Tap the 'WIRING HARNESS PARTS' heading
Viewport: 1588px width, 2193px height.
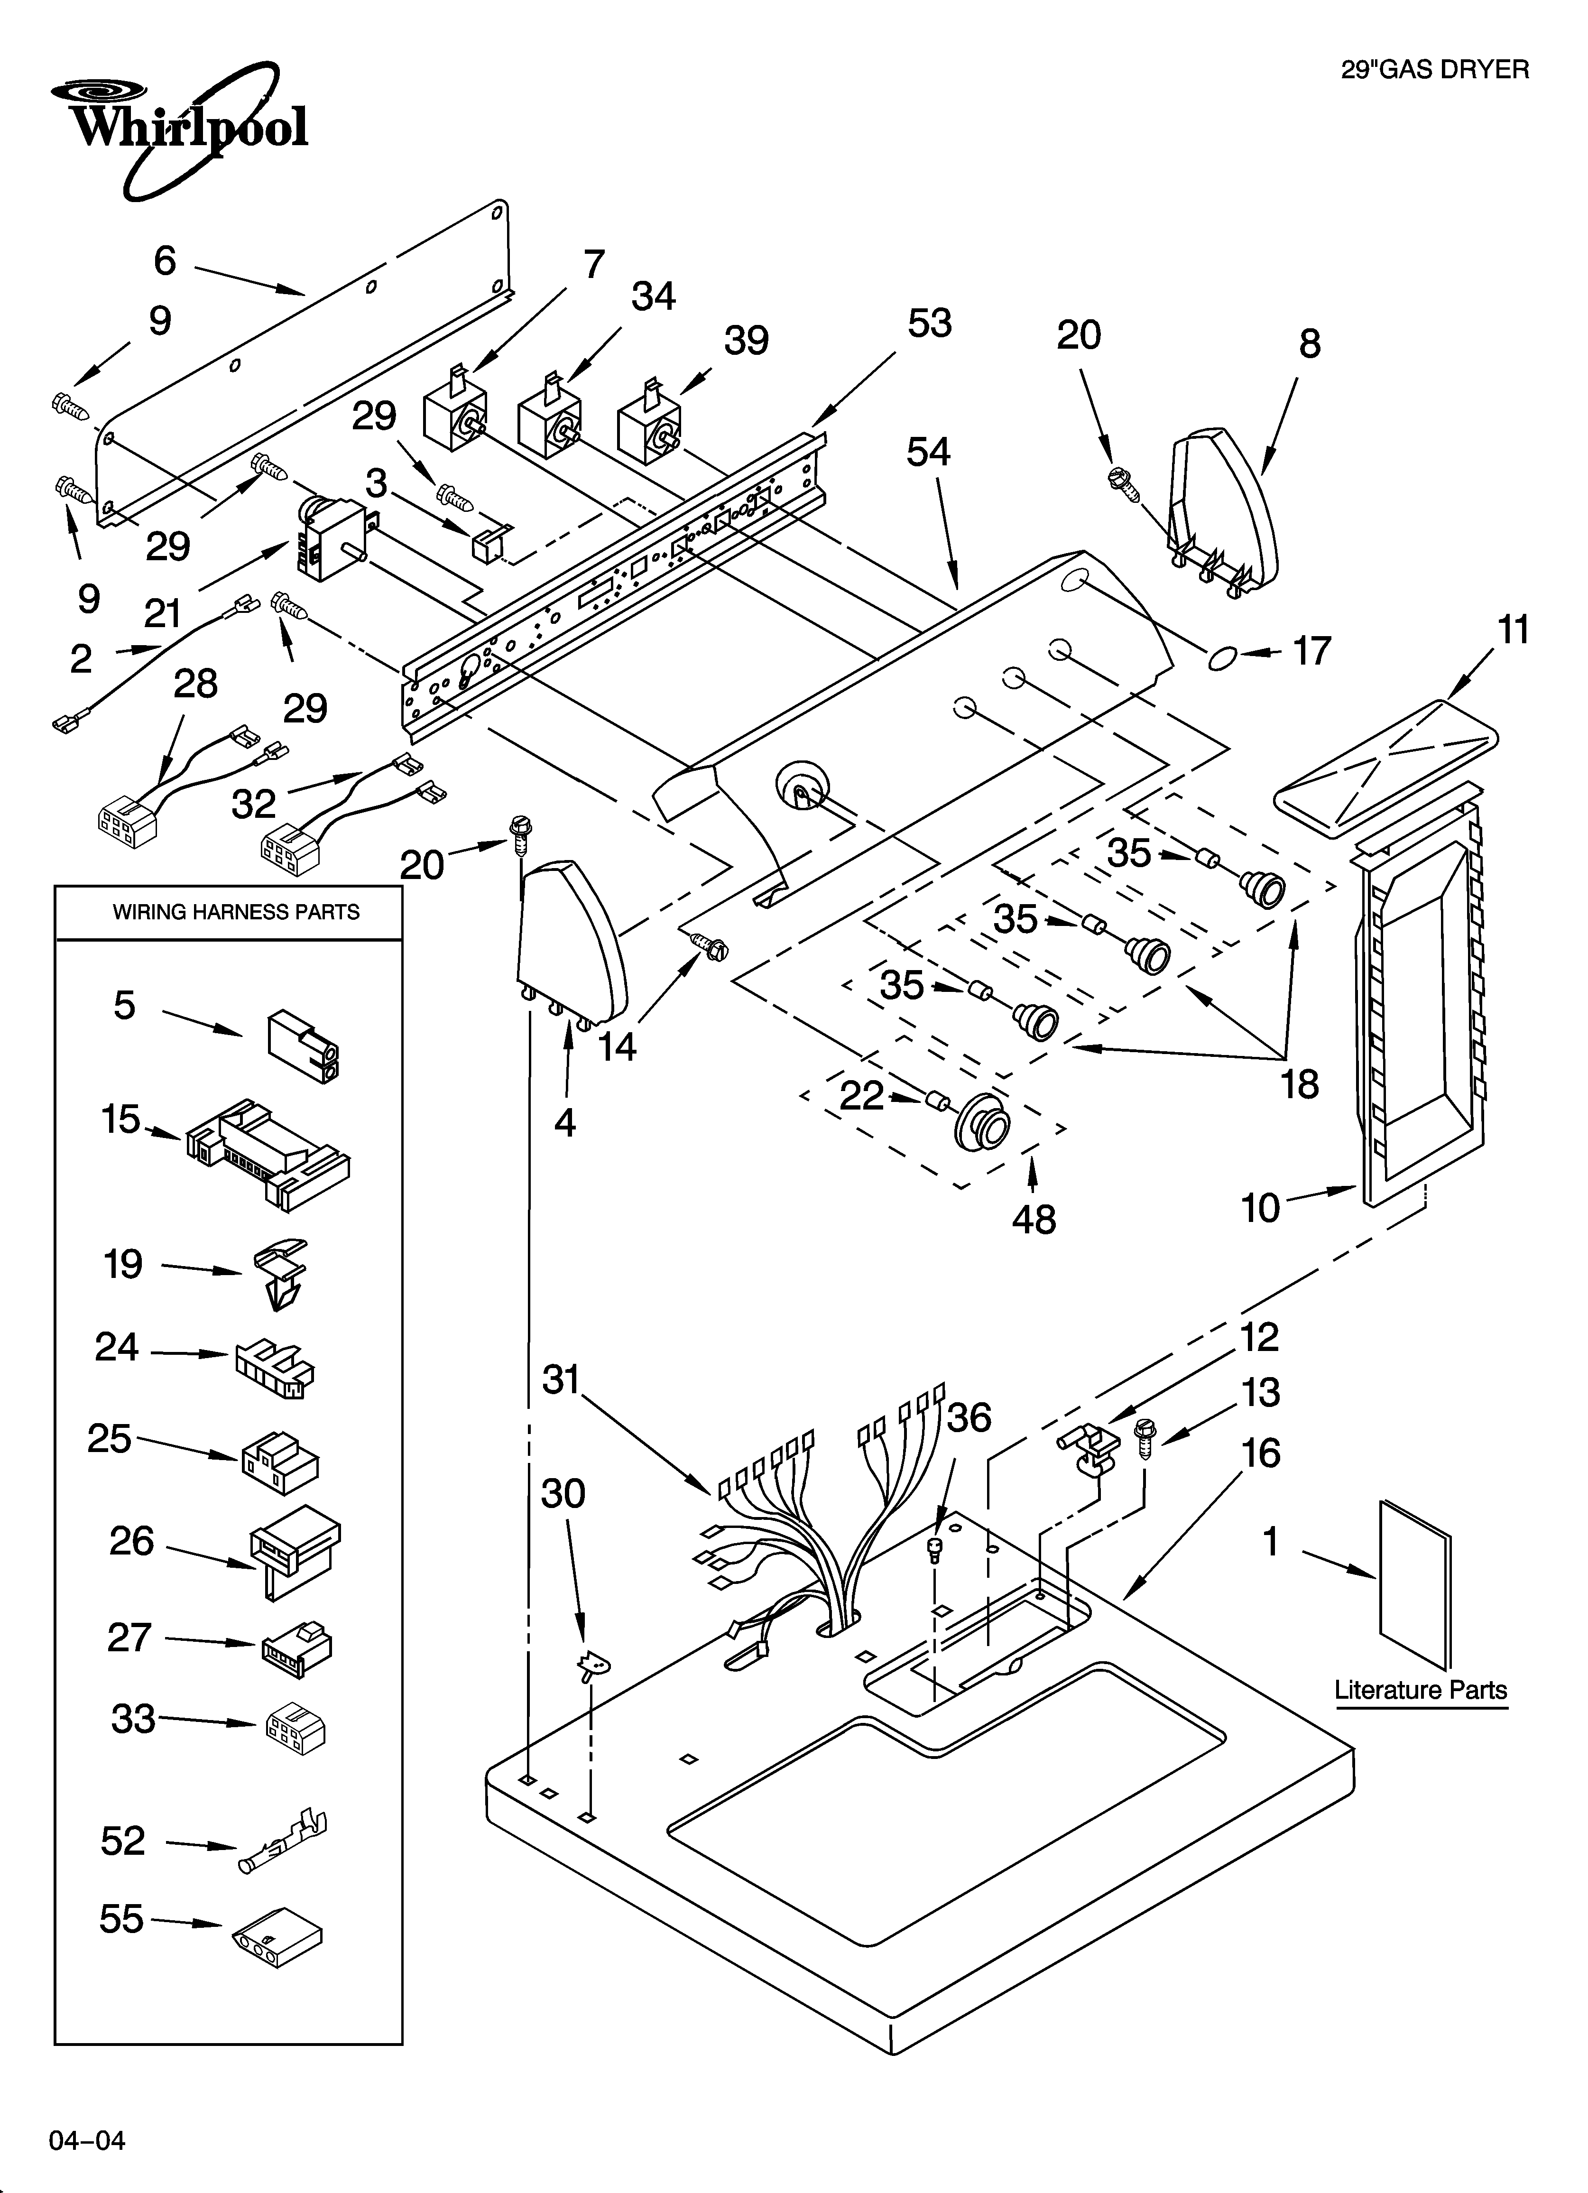(236, 912)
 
